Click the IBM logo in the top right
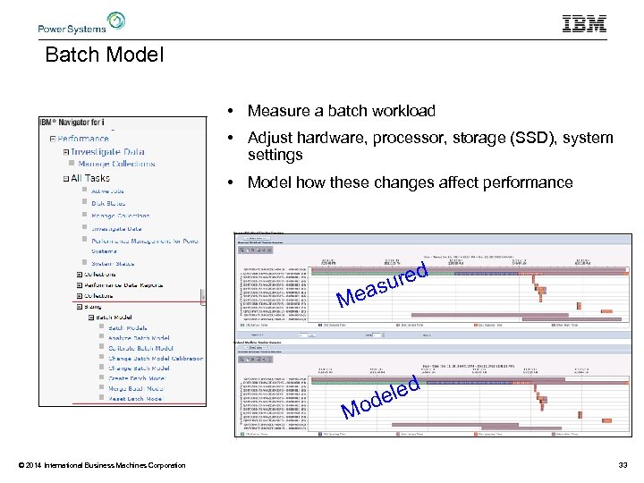tap(584, 24)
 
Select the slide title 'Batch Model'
tap(105, 55)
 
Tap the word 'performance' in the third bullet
tap(528, 182)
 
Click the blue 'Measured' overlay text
tap(383, 284)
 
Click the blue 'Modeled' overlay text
tap(383, 399)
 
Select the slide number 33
tap(623, 464)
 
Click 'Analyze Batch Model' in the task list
tap(140, 337)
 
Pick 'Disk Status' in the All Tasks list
tap(108, 203)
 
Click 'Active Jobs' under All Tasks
tap(107, 190)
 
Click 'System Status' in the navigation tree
tap(112, 263)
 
